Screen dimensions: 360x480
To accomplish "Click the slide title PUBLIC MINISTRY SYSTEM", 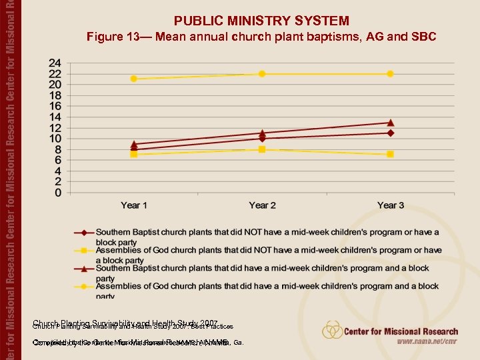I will pyautogui.click(x=261, y=21).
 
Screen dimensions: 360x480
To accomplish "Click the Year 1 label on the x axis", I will pyautogui.click(x=134, y=205).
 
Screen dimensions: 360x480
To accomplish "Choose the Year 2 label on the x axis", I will pyautogui.click(x=262, y=205).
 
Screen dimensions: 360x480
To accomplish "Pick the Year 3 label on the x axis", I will pyautogui.click(x=391, y=205).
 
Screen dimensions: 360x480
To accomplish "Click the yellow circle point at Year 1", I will pyautogui.click(x=134, y=79).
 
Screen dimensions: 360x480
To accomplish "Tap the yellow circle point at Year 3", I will pyautogui.click(x=391, y=73).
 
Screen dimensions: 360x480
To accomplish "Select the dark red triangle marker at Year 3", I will pyautogui.click(x=391, y=123).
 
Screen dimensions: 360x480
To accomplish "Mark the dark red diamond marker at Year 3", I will pyautogui.click(x=391, y=133).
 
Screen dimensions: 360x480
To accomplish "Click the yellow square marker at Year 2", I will pyautogui.click(x=262, y=149).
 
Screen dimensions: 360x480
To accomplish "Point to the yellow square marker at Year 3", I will pyautogui.click(x=391, y=154).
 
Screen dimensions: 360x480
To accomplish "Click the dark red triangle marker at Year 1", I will pyautogui.click(x=134, y=144).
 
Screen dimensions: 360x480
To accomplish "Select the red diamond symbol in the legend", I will pyautogui.click(x=84, y=233).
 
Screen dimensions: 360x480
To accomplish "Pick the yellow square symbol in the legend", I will pyautogui.click(x=84, y=251).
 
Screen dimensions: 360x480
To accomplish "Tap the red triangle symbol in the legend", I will pyautogui.click(x=84, y=269).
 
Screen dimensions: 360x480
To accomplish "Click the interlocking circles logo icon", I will pyautogui.click(x=333, y=330).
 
